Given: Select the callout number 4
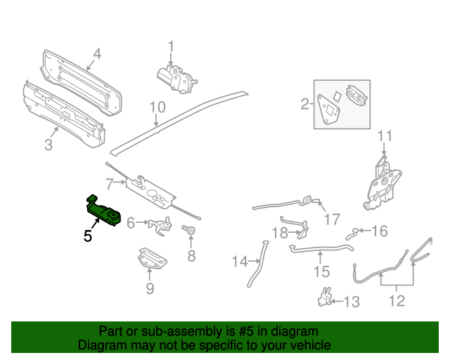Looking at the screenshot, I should pos(97,53).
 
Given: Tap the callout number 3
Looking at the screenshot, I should pos(48,146).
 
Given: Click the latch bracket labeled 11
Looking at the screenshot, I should pos(382,185).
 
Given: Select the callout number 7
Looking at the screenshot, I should pos(110,184).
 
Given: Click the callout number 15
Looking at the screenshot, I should pos(321,271).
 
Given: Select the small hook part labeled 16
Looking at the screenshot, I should pos(354,232).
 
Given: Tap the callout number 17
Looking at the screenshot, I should pos(331,219).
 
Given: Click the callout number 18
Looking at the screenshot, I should pos(279,233).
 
